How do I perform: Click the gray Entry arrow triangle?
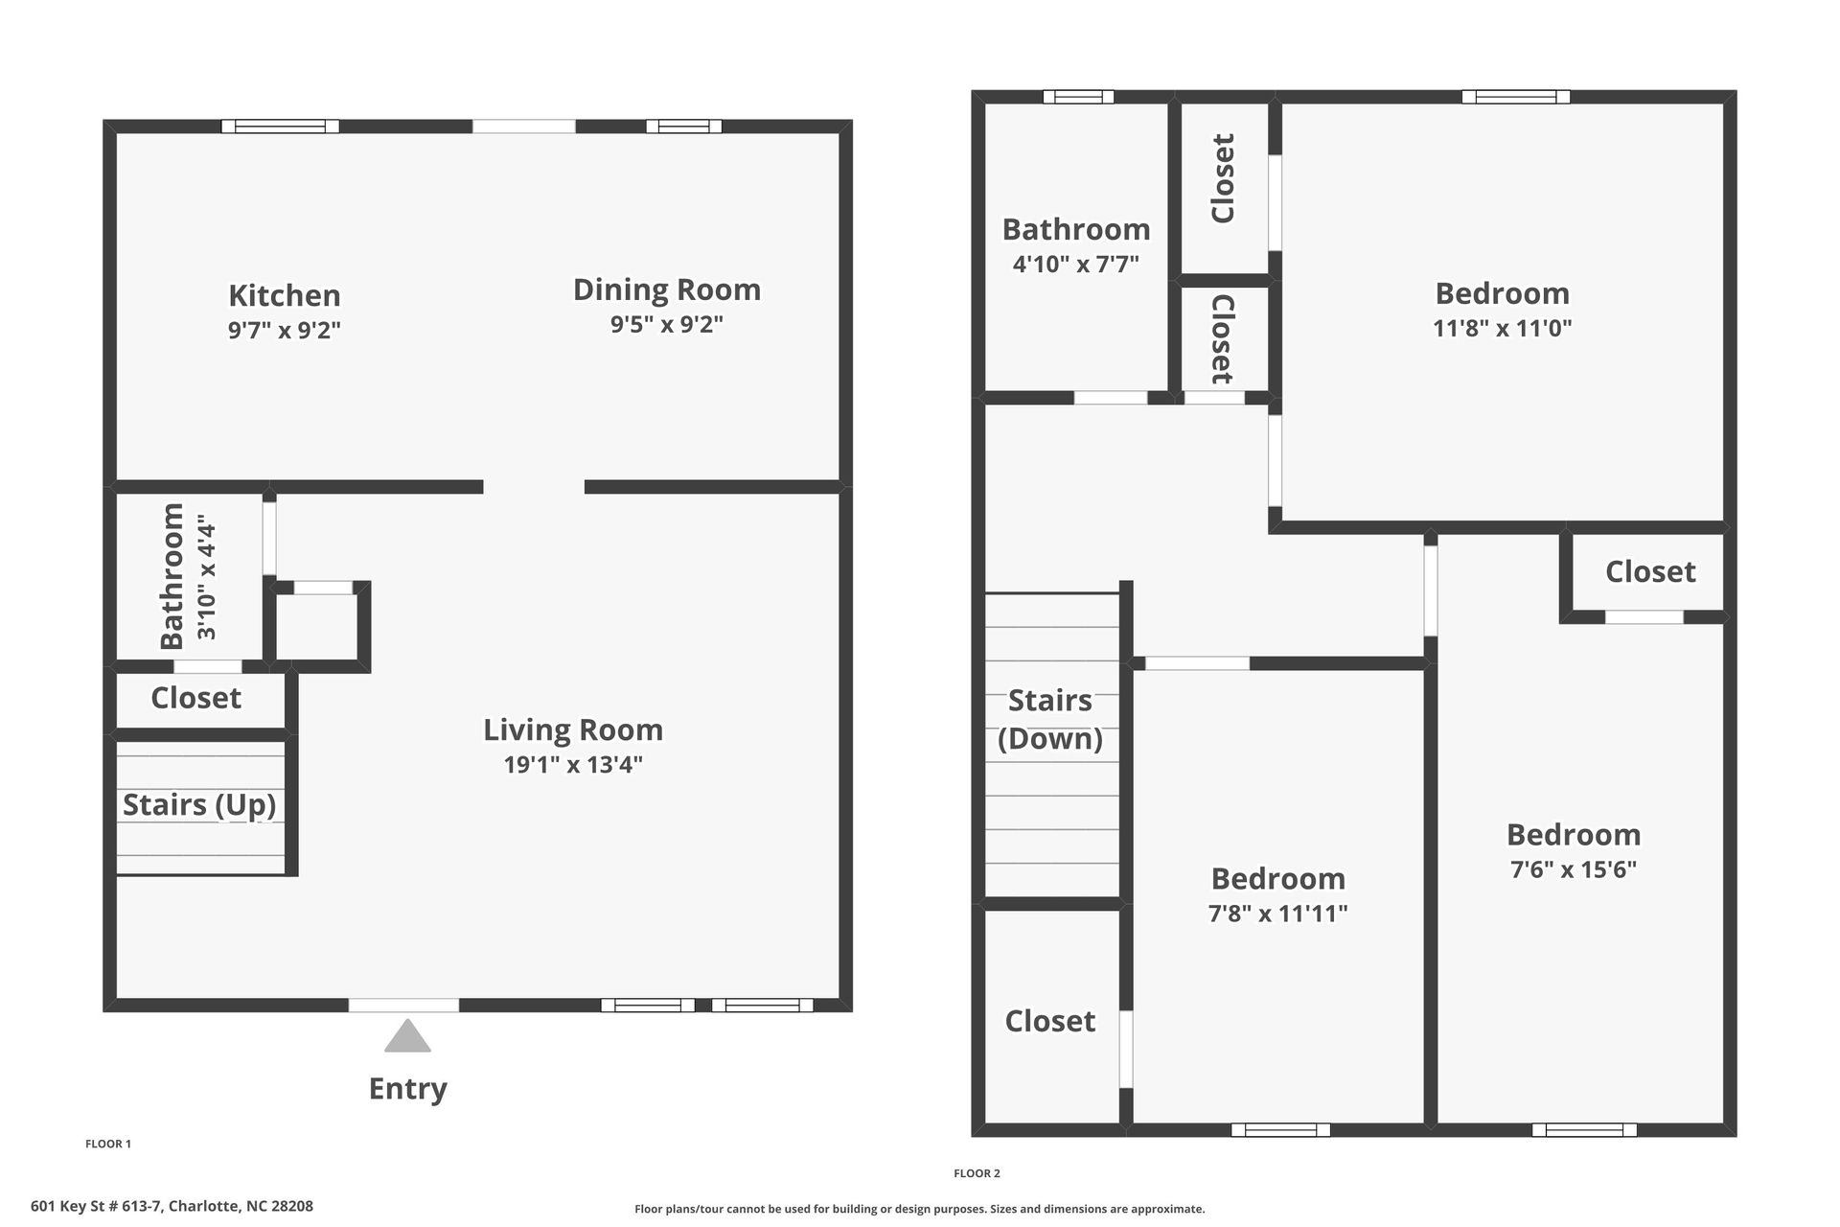click(x=407, y=1037)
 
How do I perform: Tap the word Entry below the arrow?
click(x=407, y=1089)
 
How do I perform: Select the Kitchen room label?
click(x=285, y=295)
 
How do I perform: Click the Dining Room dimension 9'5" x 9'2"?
click(x=667, y=324)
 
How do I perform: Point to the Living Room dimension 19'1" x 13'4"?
click(x=573, y=765)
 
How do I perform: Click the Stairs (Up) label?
click(x=199, y=804)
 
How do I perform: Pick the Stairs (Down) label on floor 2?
click(x=1050, y=719)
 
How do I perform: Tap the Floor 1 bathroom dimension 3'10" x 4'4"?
click(x=207, y=578)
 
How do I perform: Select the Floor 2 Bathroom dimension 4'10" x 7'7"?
click(x=1076, y=264)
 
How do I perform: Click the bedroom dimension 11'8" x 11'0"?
click(x=1502, y=328)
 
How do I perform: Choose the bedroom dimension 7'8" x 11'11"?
click(x=1277, y=914)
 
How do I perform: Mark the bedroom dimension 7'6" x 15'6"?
click(x=1574, y=869)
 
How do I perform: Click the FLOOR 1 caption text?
click(x=108, y=1144)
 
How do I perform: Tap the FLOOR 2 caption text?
click(x=977, y=1173)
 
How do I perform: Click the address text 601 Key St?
click(x=172, y=1207)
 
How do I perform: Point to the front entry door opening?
click(x=403, y=1005)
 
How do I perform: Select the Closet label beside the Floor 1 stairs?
click(x=195, y=698)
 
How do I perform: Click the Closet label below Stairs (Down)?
click(x=1050, y=1021)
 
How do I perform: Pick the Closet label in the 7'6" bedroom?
click(x=1650, y=571)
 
